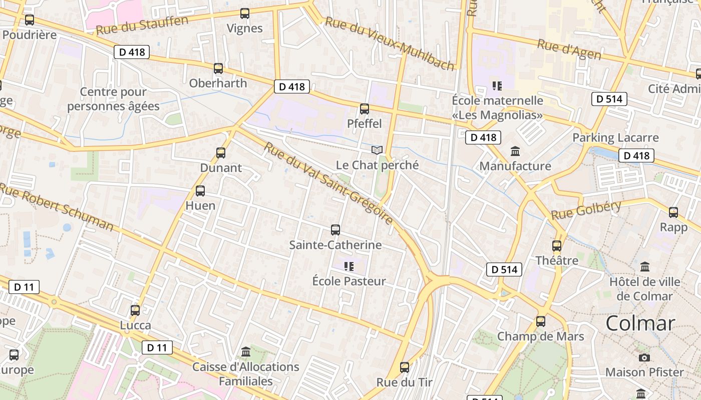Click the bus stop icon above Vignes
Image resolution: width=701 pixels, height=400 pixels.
[x=245, y=13]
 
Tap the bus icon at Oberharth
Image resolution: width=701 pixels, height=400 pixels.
[x=218, y=68]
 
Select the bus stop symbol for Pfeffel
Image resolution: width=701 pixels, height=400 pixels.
[x=365, y=108]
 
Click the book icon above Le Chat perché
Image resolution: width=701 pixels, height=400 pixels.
[x=377, y=150]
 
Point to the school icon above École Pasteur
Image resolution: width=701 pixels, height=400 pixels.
[x=349, y=266]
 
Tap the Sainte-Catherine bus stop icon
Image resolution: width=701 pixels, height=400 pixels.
[x=335, y=230]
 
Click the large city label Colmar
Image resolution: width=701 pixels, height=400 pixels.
[x=640, y=323]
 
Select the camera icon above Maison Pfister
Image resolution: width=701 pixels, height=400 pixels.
[x=644, y=357]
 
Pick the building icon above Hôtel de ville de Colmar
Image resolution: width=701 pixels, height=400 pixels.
[x=645, y=266]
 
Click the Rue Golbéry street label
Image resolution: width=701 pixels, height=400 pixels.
[x=586, y=210]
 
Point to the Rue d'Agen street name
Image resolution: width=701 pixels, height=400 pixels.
[x=569, y=49]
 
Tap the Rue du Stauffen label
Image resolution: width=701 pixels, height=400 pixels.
[x=142, y=25]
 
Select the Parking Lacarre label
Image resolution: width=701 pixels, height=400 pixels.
[x=615, y=137]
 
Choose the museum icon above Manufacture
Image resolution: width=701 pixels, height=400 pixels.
[x=515, y=151]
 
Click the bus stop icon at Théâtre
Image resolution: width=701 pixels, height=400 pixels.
[x=557, y=245]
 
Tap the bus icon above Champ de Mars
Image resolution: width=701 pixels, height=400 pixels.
[x=541, y=321]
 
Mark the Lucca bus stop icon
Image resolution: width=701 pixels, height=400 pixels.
[x=135, y=310]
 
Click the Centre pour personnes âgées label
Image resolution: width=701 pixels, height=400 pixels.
[x=113, y=99]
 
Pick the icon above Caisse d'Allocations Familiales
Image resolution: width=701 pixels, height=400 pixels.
[x=246, y=352]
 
